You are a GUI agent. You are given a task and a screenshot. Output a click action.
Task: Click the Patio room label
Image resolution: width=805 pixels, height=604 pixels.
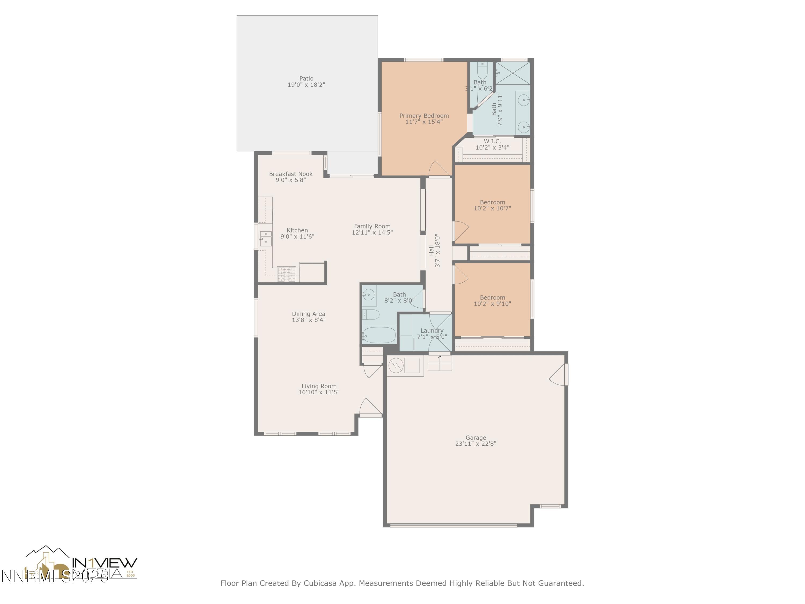[x=306, y=78]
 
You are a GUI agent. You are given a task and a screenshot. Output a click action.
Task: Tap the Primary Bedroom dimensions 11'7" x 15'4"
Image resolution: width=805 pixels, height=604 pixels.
[x=424, y=122]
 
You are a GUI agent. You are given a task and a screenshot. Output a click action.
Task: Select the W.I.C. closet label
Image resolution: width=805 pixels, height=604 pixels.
[x=492, y=141]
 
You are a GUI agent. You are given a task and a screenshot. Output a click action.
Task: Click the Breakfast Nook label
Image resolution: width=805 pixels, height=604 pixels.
[x=290, y=174]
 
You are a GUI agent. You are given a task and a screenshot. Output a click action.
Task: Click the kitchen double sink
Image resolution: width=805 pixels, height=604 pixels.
[x=265, y=237]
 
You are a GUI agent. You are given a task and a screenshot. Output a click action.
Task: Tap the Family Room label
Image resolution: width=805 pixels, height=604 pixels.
[x=372, y=226]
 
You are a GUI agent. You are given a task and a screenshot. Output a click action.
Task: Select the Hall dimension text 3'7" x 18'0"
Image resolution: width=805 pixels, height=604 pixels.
[x=437, y=251]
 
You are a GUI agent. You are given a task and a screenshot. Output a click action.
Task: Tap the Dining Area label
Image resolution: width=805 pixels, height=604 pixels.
[x=308, y=314]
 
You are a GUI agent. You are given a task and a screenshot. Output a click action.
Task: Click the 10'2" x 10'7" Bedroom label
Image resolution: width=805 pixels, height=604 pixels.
[x=492, y=202]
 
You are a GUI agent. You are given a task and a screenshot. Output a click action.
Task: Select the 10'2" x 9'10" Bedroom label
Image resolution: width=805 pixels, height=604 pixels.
[x=492, y=297]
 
